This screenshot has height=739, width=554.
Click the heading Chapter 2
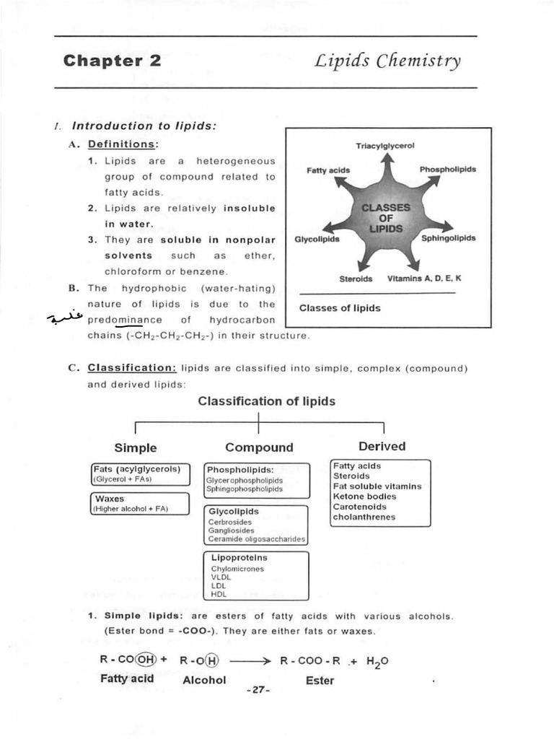pos(112,61)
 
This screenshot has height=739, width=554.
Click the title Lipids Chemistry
pos(387,61)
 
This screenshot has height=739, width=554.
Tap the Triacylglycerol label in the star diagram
pos(385,146)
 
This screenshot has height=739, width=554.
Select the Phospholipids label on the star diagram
pos(447,170)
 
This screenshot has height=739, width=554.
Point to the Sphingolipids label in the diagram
pos(448,237)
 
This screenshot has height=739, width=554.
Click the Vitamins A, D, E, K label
pos(424,279)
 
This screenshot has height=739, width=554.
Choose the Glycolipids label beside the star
pos(317,239)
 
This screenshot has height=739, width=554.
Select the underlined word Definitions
pos(122,144)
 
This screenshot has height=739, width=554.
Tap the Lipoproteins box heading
pos(239,558)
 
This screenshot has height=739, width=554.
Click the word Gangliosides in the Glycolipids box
pos(231,530)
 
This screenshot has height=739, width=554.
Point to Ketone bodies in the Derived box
pos(364,497)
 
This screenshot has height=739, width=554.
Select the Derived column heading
pos(382,447)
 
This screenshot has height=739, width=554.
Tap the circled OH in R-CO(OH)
pos(146,660)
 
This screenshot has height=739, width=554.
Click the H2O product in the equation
pos(377,662)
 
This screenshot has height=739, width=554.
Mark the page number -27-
pos(258,691)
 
